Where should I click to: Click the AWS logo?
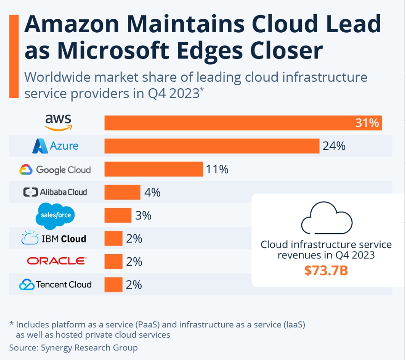[59, 122]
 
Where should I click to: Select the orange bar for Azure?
[211, 146]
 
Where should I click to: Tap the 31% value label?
[367, 123]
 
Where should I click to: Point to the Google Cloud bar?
[153, 169]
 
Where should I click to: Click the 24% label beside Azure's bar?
[334, 146]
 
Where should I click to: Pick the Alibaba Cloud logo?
[55, 192]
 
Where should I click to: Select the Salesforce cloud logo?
[56, 215]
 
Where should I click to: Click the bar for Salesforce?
[118, 215]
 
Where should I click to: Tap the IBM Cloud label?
[54, 238]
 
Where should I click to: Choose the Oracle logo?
[56, 261]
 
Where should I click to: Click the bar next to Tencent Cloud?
[113, 284]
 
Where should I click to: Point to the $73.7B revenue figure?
[326, 271]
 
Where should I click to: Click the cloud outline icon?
[326, 217]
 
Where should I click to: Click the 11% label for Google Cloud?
[217, 169]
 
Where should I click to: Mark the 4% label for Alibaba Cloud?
[152, 192]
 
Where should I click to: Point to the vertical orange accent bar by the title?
[14, 56]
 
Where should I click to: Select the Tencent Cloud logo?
[56, 284]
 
